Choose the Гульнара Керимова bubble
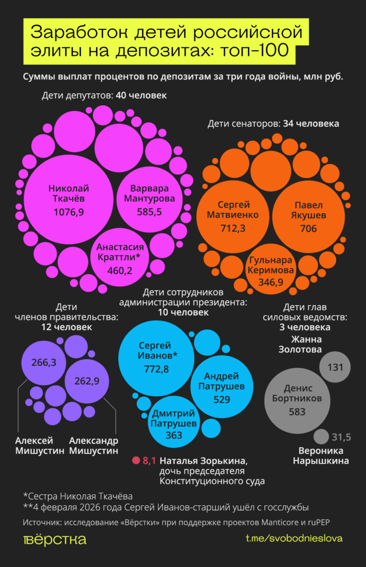pyautogui.click(x=271, y=271)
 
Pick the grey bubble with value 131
pyautogui.click(x=335, y=367)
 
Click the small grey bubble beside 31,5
pyautogui.click(x=321, y=437)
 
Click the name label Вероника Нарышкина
pyautogui.click(x=321, y=456)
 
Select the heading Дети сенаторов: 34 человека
pyautogui.click(x=273, y=124)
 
